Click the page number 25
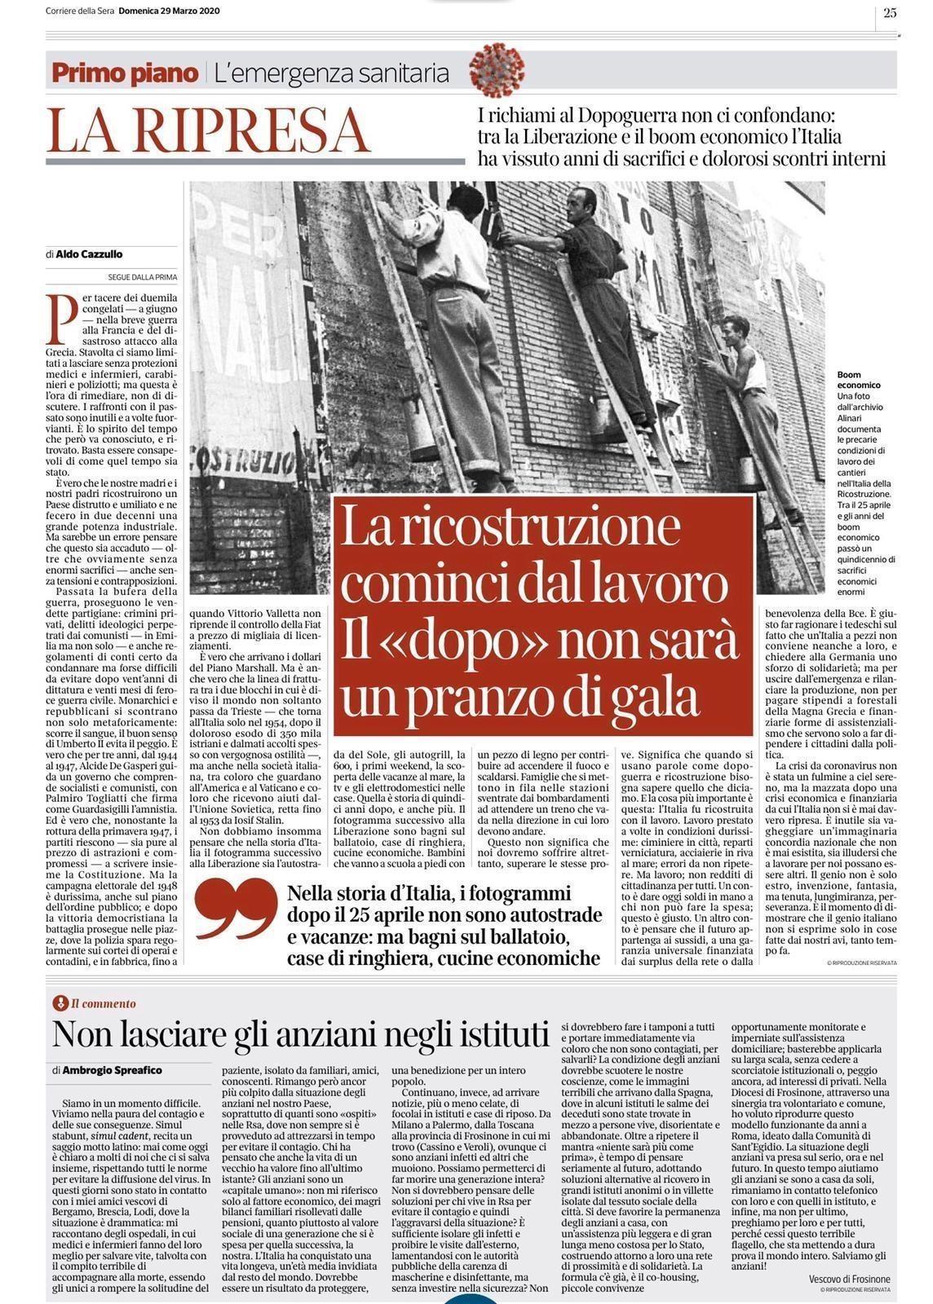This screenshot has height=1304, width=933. (889, 11)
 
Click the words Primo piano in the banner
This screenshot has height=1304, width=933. (125, 73)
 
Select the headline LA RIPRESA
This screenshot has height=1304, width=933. (208, 130)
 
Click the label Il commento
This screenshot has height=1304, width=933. (103, 1004)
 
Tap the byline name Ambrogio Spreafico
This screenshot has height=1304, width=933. (112, 1069)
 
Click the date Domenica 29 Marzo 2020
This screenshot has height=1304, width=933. (168, 11)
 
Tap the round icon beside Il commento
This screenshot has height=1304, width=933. (58, 1004)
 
